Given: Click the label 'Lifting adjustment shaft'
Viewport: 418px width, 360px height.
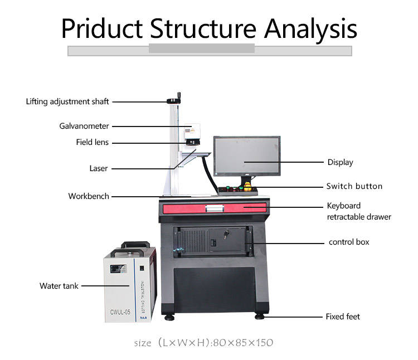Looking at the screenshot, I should coord(67,101).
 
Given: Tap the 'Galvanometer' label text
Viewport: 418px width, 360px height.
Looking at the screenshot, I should coord(84,126).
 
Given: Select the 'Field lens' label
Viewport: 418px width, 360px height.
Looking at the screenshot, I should coord(93,142).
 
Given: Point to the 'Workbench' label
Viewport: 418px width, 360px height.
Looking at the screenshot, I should coord(89,196).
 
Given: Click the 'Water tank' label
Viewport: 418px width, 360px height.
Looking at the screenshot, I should coord(59,286).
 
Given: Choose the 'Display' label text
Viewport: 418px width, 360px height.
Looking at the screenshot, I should coord(340,162).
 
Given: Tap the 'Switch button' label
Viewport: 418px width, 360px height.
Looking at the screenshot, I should coord(354,186).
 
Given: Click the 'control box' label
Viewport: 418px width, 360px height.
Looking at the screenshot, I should coord(349,242).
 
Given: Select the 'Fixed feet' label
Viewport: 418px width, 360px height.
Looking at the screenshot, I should coord(343,317).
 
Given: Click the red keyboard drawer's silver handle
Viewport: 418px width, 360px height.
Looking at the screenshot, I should coord(215,208).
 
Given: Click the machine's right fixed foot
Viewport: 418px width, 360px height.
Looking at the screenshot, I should coord(259,316).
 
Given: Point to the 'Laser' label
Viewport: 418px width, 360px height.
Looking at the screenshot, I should coord(99,168).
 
